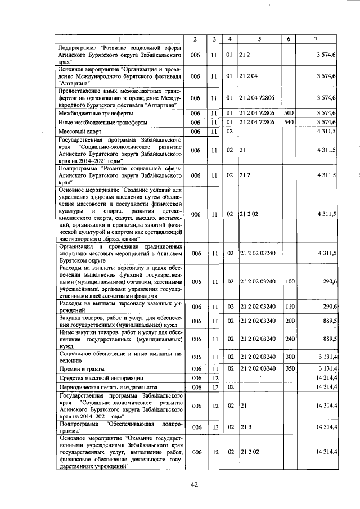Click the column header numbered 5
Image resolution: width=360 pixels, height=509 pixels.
point(259,39)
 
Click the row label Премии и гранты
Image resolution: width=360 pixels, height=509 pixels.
point(81,368)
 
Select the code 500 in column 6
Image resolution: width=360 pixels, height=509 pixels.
point(289,113)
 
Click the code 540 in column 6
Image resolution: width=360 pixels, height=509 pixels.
point(289,122)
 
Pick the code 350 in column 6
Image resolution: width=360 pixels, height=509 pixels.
point(289,368)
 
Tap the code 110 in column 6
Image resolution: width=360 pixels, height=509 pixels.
point(289,307)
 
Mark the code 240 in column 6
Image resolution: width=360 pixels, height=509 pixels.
point(289,339)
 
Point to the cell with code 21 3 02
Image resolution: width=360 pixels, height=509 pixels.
point(248,452)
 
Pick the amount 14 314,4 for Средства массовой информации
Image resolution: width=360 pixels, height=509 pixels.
point(326,379)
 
